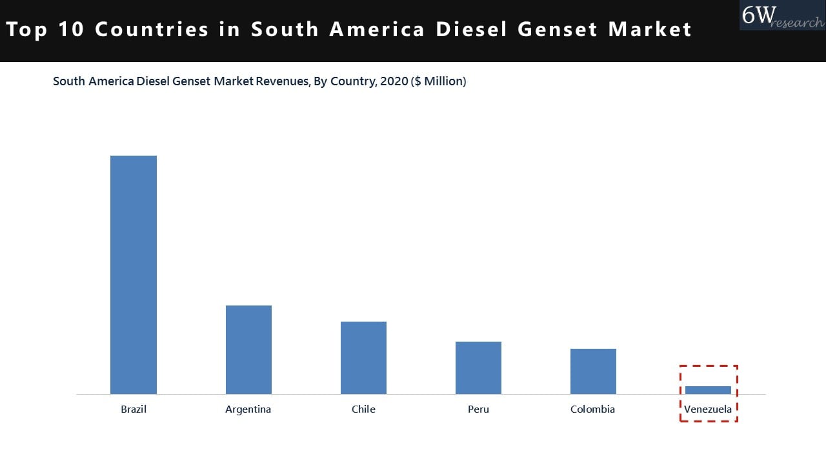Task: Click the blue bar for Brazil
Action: tap(134, 274)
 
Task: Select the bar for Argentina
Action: tap(248, 349)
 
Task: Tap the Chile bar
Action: tap(363, 358)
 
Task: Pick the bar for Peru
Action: tap(478, 367)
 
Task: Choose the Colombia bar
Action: tap(593, 371)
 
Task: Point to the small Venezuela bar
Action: tap(708, 390)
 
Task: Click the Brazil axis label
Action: tap(134, 409)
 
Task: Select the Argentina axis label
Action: tap(248, 409)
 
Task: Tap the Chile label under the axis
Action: tap(363, 409)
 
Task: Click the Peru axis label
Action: tap(478, 409)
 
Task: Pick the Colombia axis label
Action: tap(592, 409)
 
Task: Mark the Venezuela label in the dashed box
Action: tap(708, 409)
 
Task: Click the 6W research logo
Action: tap(781, 15)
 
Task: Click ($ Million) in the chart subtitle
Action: tap(438, 81)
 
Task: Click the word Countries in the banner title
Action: tap(152, 30)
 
